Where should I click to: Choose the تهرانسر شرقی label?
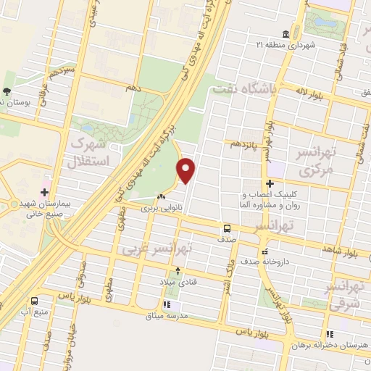point(346,296)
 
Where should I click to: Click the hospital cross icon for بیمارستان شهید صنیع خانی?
point(45,193)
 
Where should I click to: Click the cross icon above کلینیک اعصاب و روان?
point(270,183)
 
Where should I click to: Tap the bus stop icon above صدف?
point(227,228)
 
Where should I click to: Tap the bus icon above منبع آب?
point(34,301)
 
